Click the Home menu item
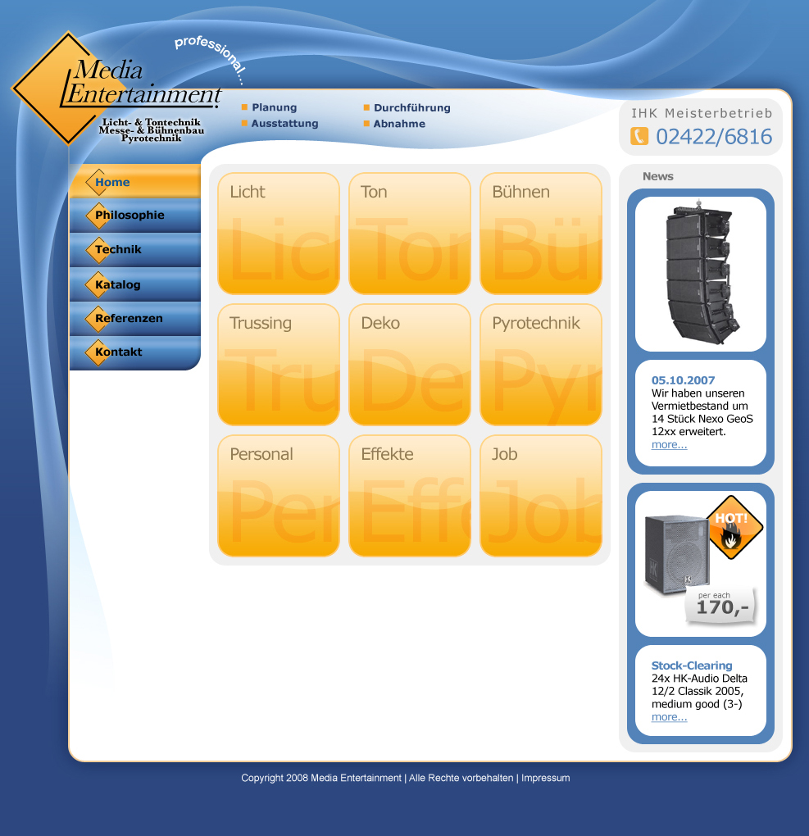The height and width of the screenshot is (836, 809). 135,181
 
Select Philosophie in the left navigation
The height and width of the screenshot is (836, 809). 135,216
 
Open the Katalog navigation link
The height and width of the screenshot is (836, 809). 135,284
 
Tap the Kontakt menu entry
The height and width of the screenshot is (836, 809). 135,352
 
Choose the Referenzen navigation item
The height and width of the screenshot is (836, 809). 135,318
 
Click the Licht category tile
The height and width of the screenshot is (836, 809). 279,234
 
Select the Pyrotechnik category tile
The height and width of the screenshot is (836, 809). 541,365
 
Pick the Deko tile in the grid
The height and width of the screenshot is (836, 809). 410,365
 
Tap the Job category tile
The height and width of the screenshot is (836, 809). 541,496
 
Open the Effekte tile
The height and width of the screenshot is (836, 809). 410,496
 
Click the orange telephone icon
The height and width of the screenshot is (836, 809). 639,136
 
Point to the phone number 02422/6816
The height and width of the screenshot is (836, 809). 714,137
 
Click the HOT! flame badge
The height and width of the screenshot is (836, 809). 735,527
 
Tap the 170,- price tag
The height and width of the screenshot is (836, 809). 721,606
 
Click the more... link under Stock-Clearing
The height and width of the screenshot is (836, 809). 670,717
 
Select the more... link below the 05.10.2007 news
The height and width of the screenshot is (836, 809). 670,445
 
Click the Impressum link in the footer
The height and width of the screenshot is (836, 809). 546,778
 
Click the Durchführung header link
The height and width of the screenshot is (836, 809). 411,107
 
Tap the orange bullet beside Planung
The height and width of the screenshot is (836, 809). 245,107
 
